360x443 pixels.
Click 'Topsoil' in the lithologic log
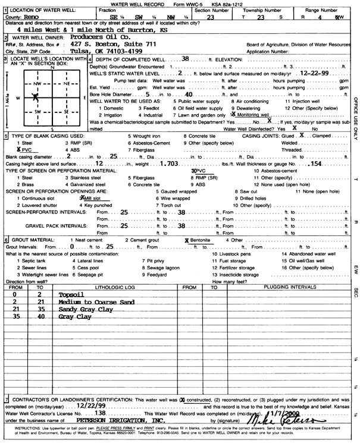pos(71,294)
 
